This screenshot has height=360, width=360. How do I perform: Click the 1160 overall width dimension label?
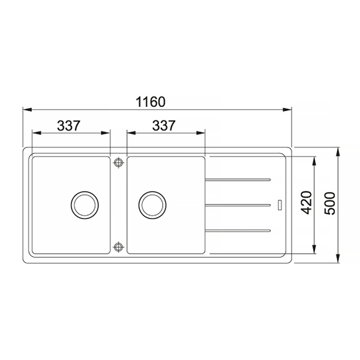click(x=151, y=102)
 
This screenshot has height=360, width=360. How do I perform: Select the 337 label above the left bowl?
click(x=68, y=125)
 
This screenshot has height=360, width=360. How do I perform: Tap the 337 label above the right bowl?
click(x=164, y=125)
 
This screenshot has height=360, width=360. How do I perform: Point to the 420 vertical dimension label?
click(x=306, y=203)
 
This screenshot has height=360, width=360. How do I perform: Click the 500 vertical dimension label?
click(x=329, y=203)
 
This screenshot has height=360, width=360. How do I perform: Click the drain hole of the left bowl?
click(x=85, y=205)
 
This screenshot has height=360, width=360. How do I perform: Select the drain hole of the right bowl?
click(x=152, y=205)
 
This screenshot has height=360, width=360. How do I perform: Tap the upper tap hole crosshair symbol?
click(x=118, y=163)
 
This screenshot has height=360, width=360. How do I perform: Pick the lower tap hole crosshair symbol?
click(x=118, y=247)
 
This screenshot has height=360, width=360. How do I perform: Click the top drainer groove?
click(x=238, y=180)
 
